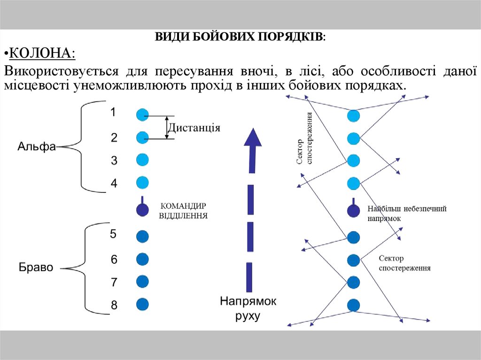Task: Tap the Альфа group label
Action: click(x=37, y=146)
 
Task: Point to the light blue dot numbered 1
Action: click(x=142, y=115)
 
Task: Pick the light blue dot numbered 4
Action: click(x=142, y=183)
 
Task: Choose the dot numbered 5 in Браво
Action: click(x=142, y=236)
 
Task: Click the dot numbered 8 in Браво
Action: click(x=142, y=304)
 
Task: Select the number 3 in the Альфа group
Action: click(x=114, y=161)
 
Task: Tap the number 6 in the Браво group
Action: click(x=114, y=259)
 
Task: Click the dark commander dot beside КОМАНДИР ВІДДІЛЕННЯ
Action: click(x=142, y=210)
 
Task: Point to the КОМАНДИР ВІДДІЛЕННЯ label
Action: click(x=184, y=211)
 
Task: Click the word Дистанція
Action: click(x=194, y=128)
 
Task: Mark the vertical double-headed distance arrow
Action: click(x=167, y=127)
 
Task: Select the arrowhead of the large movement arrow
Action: click(x=253, y=138)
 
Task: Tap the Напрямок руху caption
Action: click(x=248, y=308)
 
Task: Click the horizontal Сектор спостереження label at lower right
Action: click(x=404, y=263)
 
